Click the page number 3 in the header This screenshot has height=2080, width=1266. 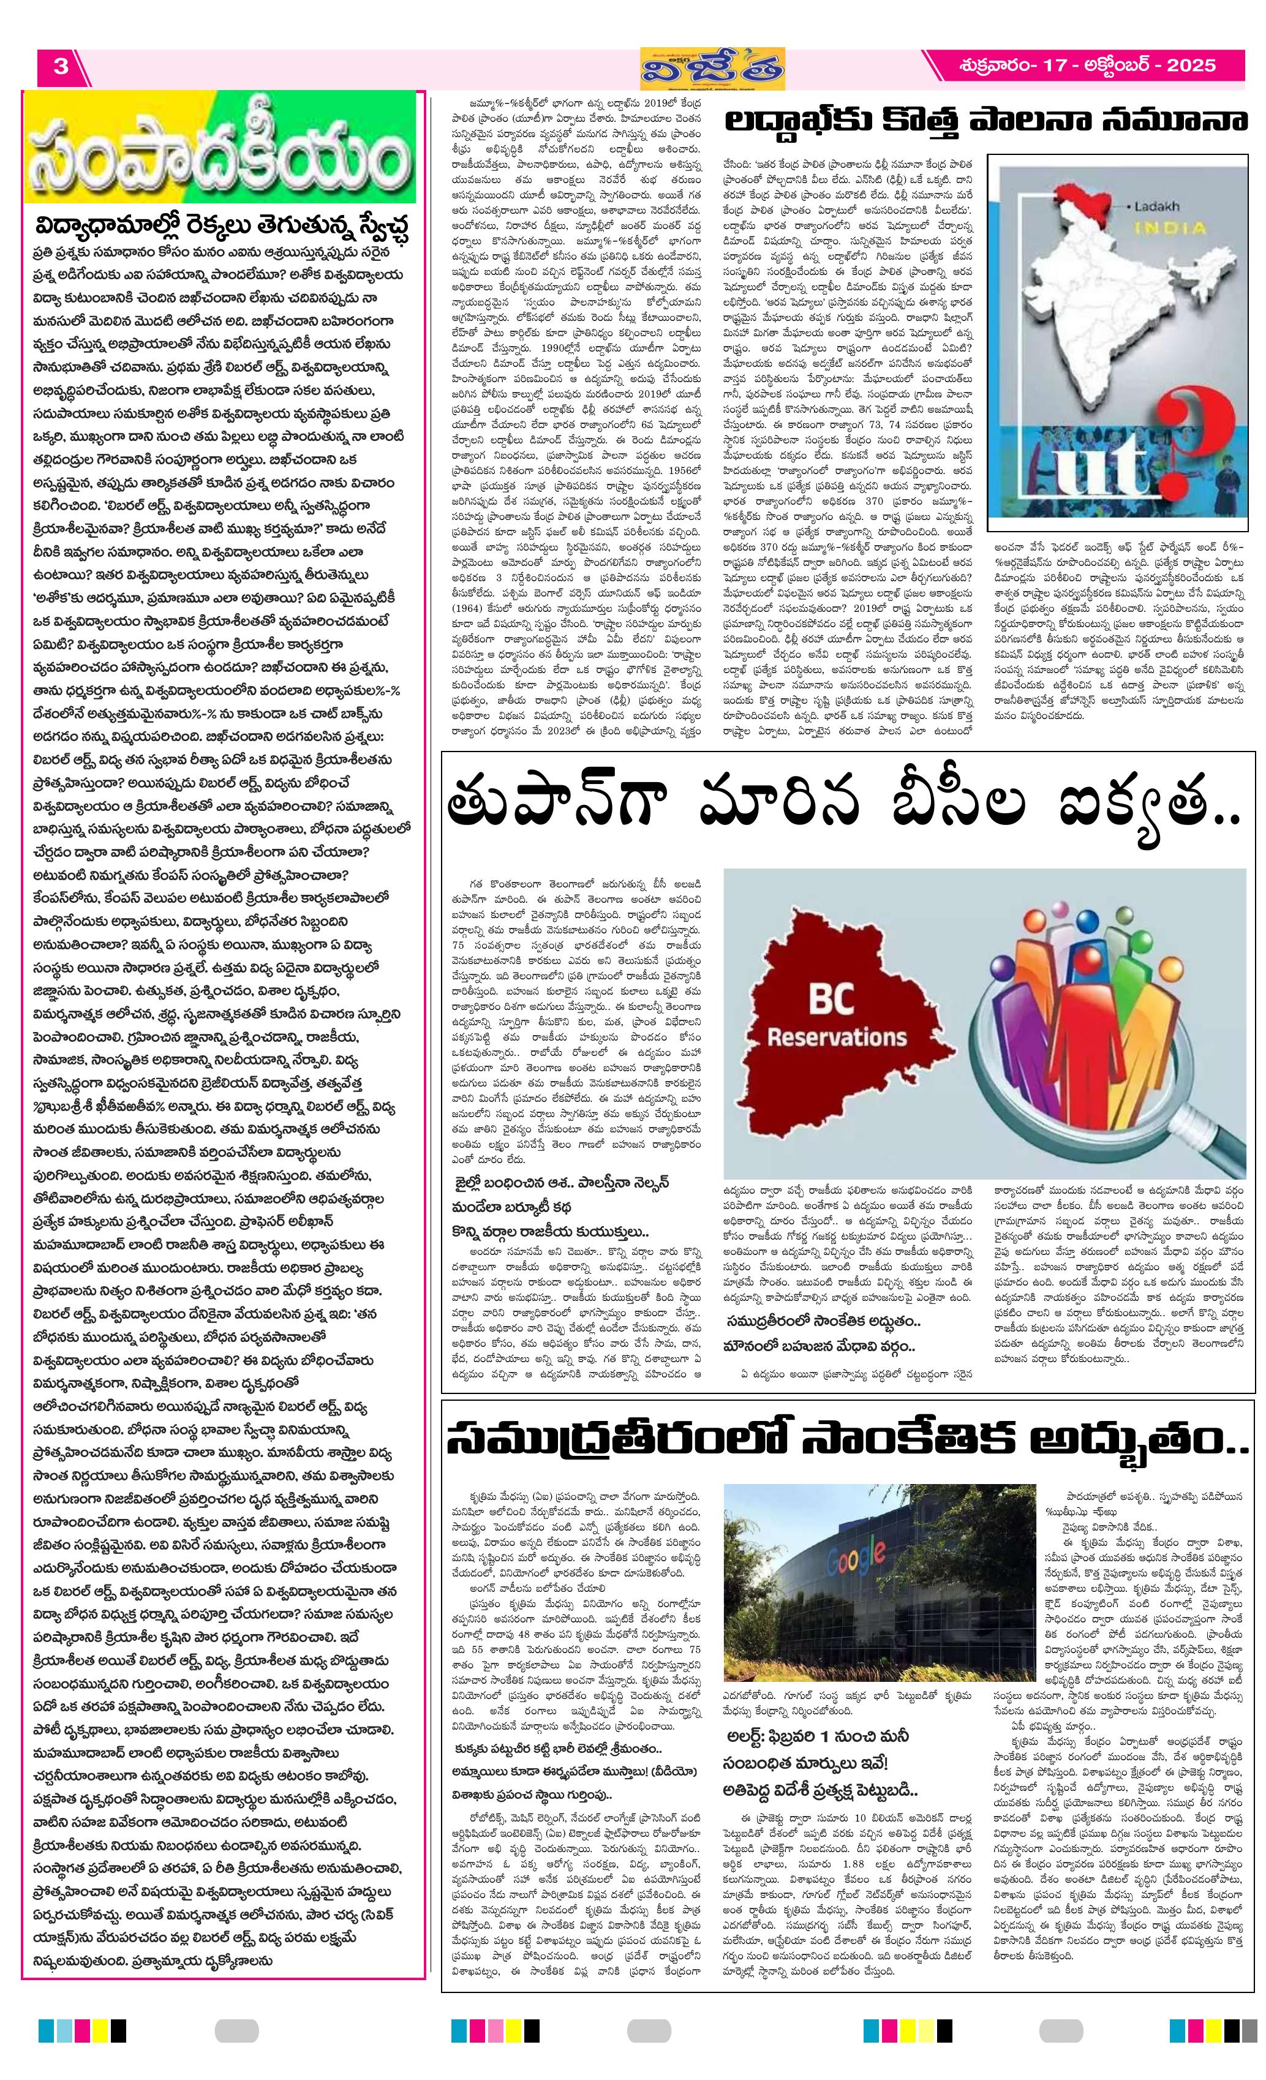(x=60, y=66)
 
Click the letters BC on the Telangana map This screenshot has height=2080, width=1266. (x=831, y=1000)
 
